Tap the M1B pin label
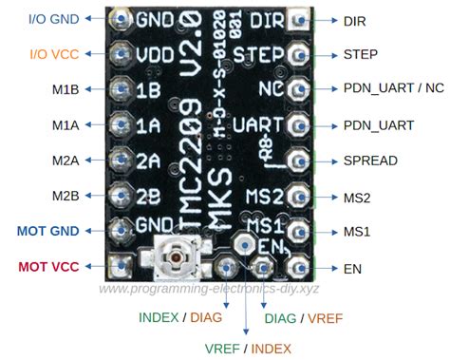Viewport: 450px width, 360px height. tap(65, 90)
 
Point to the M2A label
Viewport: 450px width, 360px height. tap(65, 161)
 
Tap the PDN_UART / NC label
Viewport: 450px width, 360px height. tap(393, 89)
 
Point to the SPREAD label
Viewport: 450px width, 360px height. tap(369, 161)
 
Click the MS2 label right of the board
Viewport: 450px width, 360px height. tap(356, 197)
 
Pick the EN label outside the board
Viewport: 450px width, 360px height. tap(352, 269)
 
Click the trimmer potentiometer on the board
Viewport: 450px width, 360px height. tap(177, 257)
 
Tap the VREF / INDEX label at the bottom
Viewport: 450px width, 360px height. tap(249, 349)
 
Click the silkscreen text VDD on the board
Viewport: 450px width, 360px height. tap(155, 54)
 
